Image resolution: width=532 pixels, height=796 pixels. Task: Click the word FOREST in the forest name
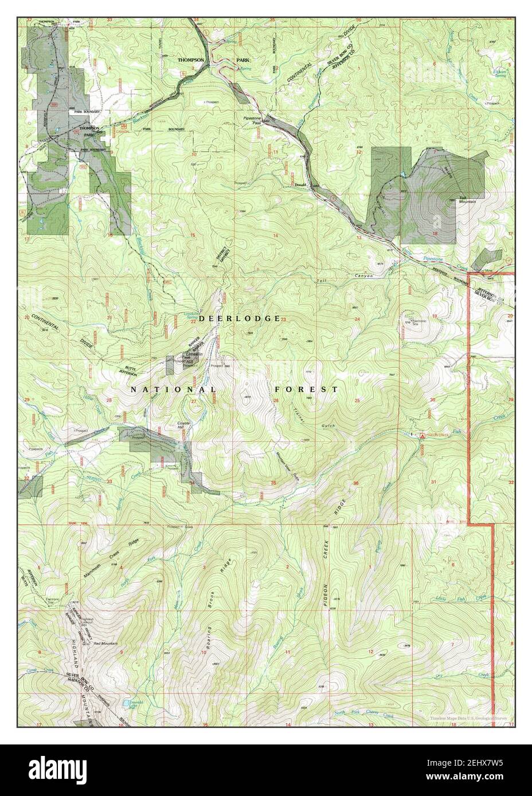pyautogui.click(x=306, y=389)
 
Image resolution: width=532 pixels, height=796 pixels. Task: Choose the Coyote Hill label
pyautogui.click(x=183, y=426)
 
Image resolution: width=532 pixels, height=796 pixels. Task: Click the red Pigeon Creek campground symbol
pyautogui.click(x=423, y=436)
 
